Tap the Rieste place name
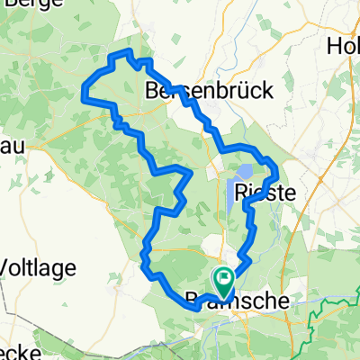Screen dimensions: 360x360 261,192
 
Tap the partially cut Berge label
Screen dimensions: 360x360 27,6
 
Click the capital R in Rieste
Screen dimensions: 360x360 240,192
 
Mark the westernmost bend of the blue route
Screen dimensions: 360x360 84,91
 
